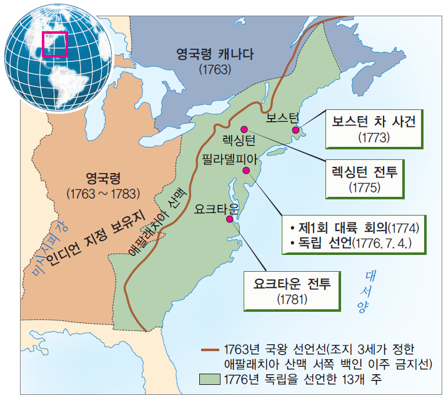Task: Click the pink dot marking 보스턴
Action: pyautogui.click(x=297, y=129)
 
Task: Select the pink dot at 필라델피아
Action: pyautogui.click(x=246, y=171)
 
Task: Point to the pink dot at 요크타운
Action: pyautogui.click(x=230, y=219)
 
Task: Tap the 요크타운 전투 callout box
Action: pyautogui.click(x=292, y=290)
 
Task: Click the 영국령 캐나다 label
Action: pyautogui.click(x=216, y=55)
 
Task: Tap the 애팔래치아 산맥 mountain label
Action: pyautogui.click(x=154, y=222)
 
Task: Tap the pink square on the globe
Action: pyautogui.click(x=55, y=43)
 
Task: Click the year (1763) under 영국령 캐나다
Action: pyautogui.click(x=216, y=69)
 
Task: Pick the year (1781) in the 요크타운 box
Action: pyautogui.click(x=292, y=299)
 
